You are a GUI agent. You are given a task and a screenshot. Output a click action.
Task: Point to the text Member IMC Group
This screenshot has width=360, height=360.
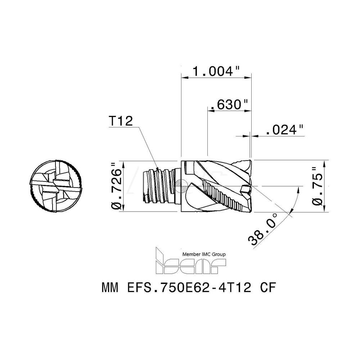204,254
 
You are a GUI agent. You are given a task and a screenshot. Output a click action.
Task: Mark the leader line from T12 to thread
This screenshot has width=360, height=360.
146,148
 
